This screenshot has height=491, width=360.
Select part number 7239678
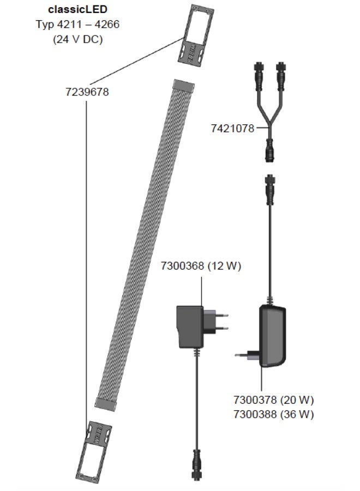pos(87,92)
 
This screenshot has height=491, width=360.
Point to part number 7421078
pos(232,129)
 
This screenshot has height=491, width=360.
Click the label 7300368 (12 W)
pos(201,266)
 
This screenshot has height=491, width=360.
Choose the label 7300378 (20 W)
pos(273,400)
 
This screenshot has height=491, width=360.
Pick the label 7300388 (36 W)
pos(273,414)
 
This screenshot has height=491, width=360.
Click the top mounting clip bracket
pos(194,33)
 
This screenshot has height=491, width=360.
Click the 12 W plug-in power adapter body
pos(189,326)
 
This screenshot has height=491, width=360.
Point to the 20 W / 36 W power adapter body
pos(272,336)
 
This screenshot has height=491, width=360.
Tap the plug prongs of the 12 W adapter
pos(217,320)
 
